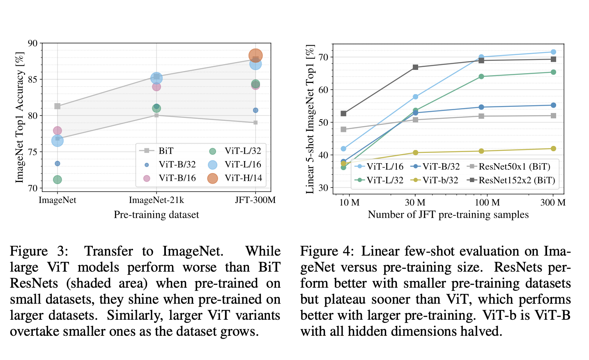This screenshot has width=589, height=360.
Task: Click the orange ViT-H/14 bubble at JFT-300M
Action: [255, 55]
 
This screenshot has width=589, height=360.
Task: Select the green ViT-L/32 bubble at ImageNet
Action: [58, 180]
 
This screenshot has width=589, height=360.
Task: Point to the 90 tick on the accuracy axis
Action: [32, 44]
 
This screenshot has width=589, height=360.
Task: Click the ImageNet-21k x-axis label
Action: [156, 200]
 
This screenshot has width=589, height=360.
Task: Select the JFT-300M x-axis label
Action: [255, 200]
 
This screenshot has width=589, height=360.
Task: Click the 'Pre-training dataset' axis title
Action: [156, 215]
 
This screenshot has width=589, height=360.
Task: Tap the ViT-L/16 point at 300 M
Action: [553, 52]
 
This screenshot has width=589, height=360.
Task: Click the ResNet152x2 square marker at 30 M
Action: [415, 67]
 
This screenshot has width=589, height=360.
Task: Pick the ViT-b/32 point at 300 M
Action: [553, 149]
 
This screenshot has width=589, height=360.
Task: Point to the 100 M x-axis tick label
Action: [487, 203]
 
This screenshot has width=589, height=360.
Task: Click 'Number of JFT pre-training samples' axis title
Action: [448, 215]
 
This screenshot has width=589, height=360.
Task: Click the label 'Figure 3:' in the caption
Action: [39, 251]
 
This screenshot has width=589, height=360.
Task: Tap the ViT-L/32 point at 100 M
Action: [481, 76]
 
